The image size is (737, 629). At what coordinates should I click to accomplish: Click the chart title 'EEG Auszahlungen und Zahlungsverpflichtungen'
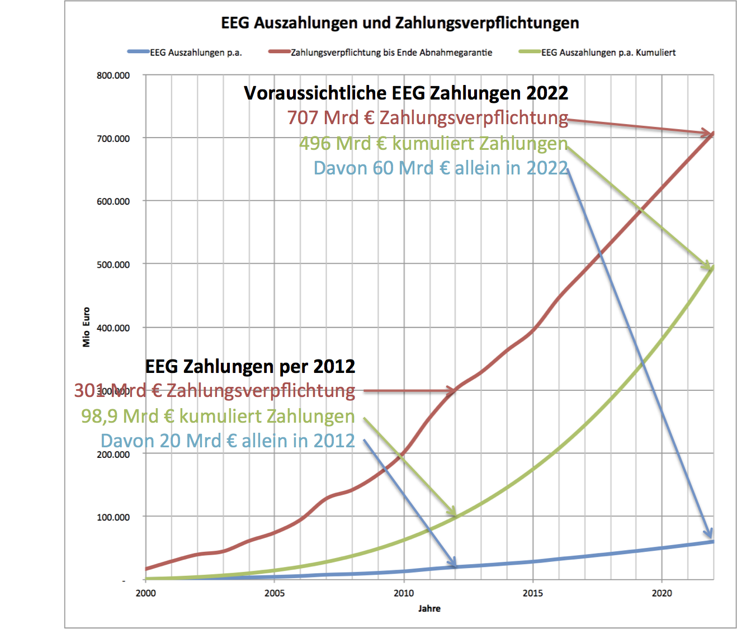coord(400,23)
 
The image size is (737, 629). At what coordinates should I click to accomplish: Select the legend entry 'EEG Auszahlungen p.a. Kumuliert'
coord(608,53)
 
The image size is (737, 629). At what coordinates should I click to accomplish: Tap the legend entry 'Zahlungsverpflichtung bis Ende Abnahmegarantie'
coord(391,53)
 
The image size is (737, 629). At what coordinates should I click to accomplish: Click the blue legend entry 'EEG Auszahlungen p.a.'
coord(196,53)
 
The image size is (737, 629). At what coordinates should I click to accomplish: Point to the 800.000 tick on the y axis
coord(113,75)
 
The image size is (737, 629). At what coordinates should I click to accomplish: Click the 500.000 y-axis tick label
coord(113,264)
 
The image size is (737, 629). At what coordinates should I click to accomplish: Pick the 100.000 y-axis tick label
coord(113,517)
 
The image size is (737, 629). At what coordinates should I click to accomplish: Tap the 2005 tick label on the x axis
coord(274,593)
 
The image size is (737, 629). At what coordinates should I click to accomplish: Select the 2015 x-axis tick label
coord(532,593)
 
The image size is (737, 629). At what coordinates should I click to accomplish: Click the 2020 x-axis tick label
coord(662,593)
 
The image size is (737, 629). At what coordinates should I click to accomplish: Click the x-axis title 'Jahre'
coord(429,608)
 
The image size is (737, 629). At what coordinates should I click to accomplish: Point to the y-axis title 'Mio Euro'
coord(86,327)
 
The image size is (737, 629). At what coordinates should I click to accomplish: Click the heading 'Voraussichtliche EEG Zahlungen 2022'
coord(406,93)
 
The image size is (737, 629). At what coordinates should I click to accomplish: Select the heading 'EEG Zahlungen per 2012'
coord(250,366)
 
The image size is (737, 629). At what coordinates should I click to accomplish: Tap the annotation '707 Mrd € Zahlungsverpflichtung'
coord(427,118)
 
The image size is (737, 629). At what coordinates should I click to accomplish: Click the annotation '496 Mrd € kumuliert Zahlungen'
coord(433,143)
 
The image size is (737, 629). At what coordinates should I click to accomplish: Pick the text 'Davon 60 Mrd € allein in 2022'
coord(441,168)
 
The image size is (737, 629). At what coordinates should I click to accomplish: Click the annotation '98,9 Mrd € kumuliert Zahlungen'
coord(218,416)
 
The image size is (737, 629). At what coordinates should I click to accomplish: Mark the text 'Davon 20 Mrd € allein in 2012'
coord(228,441)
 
